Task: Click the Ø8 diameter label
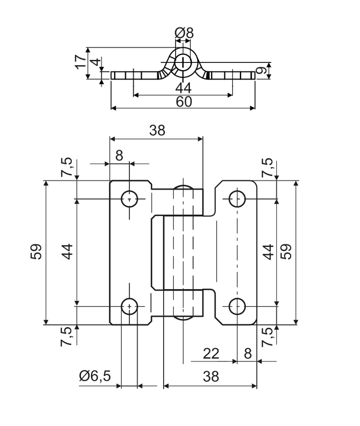point(184,33)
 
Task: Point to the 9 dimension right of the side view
point(261,71)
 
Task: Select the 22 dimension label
point(211,354)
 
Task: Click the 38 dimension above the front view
point(157,130)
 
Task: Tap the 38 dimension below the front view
point(211,376)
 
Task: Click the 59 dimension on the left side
point(36,252)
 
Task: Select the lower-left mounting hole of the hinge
point(129,306)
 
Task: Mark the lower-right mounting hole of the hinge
point(237,306)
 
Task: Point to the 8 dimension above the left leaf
point(119,155)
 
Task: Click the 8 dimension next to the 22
point(248,354)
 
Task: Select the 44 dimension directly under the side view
point(183,88)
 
